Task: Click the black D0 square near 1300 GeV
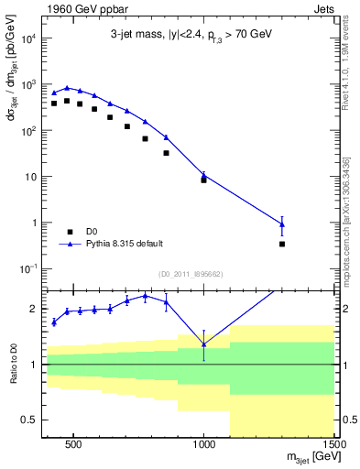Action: tap(282, 244)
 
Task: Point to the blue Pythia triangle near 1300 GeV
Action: tap(282, 224)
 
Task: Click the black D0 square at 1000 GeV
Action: tap(203, 180)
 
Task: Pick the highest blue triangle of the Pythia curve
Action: tap(67, 88)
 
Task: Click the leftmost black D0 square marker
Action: tap(54, 104)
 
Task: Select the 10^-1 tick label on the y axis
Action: tap(30, 268)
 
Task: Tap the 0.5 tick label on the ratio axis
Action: tap(29, 420)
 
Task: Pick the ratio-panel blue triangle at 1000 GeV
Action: tap(203, 344)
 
